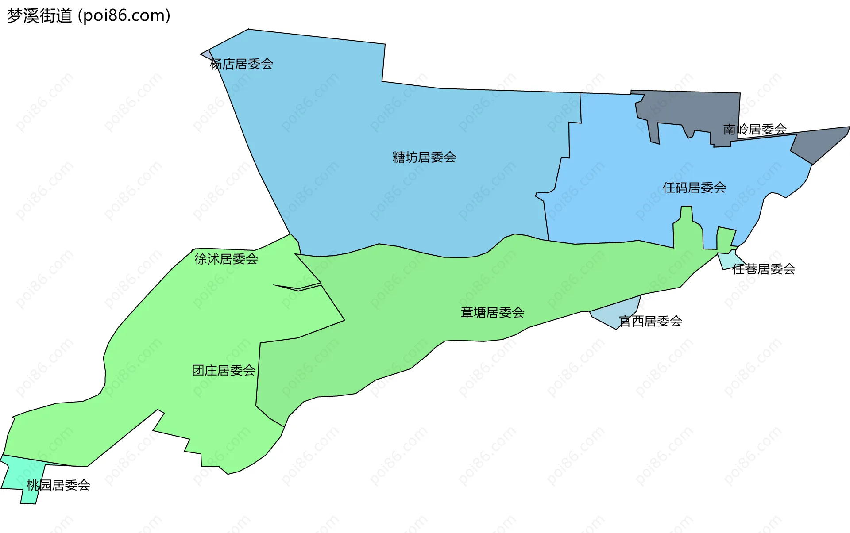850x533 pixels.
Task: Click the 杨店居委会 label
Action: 241,64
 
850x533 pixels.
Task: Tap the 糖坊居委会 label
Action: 424,157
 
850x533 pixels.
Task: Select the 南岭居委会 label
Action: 755,129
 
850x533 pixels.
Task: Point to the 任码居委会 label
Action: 694,188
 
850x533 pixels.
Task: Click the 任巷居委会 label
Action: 764,269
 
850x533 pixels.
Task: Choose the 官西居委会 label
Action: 650,321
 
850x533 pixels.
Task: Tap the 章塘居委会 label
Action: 492,313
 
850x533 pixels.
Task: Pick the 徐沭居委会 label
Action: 226,259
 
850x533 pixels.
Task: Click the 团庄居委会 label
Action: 224,370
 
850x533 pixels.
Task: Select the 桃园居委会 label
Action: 58,485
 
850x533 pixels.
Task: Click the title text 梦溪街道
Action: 39,16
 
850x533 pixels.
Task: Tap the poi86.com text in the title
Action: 124,16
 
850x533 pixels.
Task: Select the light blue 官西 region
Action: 620,314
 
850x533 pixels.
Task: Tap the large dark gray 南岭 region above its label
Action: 691,108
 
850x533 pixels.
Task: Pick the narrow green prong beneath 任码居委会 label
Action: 686,221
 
